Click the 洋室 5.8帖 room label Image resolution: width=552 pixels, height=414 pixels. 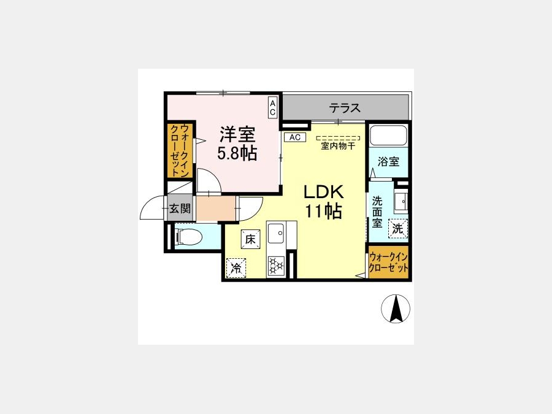point(237,144)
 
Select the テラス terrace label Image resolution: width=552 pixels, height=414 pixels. point(345,108)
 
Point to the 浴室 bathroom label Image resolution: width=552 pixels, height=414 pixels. point(388,161)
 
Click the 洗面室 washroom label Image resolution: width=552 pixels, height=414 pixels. point(377,212)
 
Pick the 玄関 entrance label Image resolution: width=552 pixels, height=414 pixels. point(180,209)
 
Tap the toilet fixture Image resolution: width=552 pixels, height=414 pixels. point(188,236)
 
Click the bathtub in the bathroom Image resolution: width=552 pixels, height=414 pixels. point(388,135)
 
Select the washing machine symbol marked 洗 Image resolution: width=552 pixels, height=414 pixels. point(398,229)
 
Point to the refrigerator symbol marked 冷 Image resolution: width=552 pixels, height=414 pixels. point(236,268)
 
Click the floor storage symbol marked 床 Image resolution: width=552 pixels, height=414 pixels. point(251,239)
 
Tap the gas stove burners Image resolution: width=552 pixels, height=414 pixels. point(276,266)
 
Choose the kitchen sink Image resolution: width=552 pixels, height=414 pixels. point(276,233)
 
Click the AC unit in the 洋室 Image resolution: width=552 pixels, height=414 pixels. point(272,107)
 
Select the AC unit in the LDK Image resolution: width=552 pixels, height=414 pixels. point(295,137)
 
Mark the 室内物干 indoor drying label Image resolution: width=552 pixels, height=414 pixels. point(338,146)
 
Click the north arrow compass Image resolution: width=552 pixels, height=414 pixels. point(396,309)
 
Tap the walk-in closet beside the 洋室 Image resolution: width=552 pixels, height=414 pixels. point(180,150)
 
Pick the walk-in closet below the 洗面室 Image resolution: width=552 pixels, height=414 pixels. point(389,263)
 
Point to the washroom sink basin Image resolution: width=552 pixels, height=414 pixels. point(401,201)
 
